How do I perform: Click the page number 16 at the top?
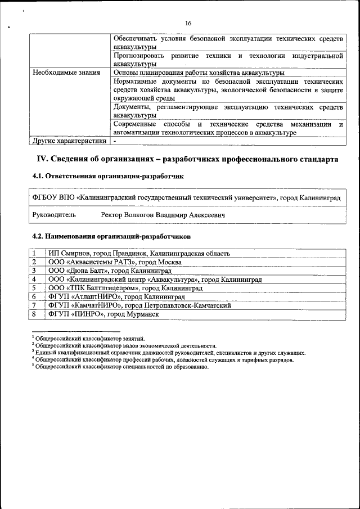188,23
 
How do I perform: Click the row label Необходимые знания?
66,73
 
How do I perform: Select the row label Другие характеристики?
69,141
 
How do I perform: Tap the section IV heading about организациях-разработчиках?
187,160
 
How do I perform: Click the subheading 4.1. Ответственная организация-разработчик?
108,176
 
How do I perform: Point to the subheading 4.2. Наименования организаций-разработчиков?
111,236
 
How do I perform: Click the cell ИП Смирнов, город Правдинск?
139,254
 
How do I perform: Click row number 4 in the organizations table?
35,279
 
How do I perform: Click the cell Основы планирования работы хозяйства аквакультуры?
199,73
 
